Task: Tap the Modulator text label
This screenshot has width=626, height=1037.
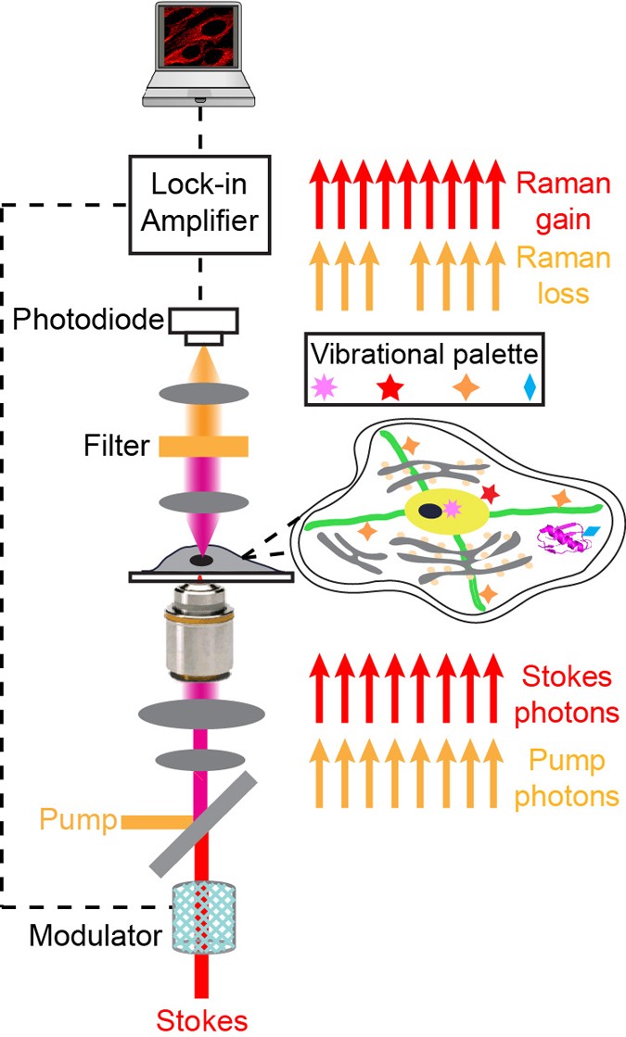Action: [x=95, y=935]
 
